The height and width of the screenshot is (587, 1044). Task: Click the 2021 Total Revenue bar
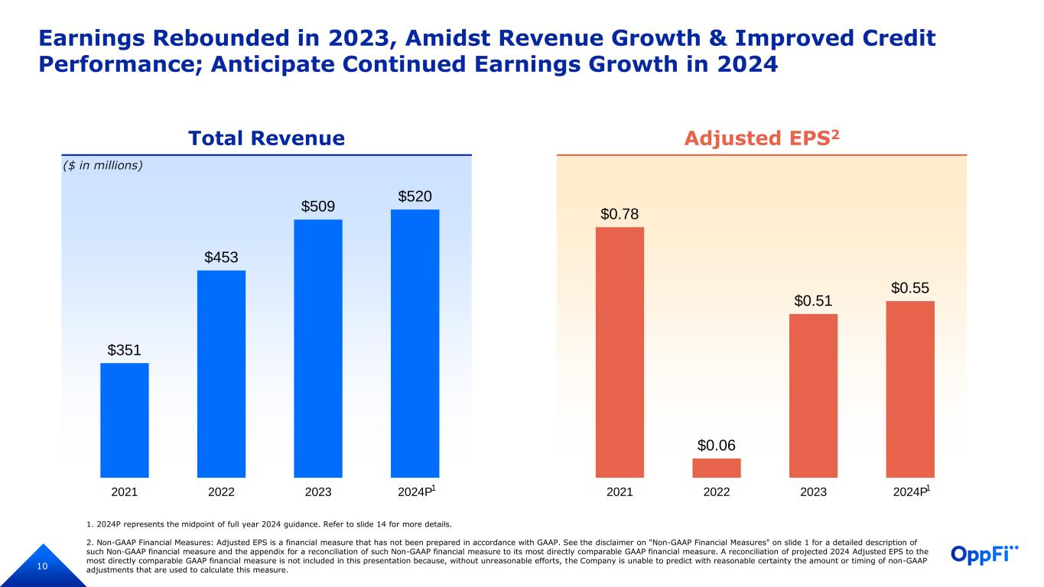pyautogui.click(x=125, y=420)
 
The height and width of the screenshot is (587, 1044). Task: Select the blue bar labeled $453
pyautogui.click(x=221, y=374)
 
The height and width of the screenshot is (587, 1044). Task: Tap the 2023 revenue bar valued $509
pyautogui.click(x=318, y=349)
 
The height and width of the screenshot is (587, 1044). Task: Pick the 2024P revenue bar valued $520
pyautogui.click(x=415, y=343)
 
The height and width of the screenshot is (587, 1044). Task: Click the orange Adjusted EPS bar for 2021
pyautogui.click(x=620, y=352)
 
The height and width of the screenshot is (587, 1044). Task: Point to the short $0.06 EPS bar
pyautogui.click(x=717, y=468)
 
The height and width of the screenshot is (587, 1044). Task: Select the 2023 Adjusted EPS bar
pyautogui.click(x=813, y=395)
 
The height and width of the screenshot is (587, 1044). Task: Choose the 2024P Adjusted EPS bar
pyautogui.click(x=910, y=389)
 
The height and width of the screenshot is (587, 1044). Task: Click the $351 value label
pyautogui.click(x=125, y=350)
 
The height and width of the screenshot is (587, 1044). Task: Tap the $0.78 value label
pyautogui.click(x=620, y=215)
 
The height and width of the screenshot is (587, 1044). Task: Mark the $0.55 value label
pyautogui.click(x=910, y=288)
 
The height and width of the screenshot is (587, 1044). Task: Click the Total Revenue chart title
pyautogui.click(x=267, y=138)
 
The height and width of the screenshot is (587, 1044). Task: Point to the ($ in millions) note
pyautogui.click(x=103, y=165)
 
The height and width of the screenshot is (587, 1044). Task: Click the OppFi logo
pyautogui.click(x=985, y=554)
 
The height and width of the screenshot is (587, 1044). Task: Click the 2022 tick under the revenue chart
pyautogui.click(x=221, y=492)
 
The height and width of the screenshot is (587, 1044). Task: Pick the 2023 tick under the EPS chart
pyautogui.click(x=813, y=492)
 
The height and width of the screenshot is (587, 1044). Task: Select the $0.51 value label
pyautogui.click(x=813, y=301)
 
